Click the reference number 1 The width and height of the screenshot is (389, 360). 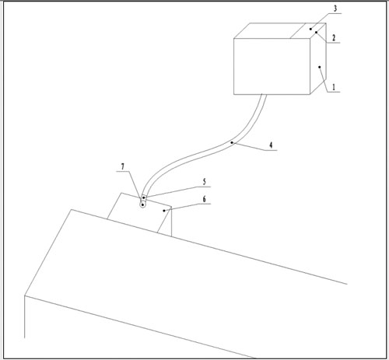(334, 87)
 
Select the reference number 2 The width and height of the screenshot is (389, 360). (334, 38)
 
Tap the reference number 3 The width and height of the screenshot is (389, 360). (335, 9)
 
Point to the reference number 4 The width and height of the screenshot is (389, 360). (271, 145)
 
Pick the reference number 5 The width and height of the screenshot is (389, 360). (205, 182)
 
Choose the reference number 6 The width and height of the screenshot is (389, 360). (205, 199)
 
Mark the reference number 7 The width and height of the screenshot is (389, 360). (123, 166)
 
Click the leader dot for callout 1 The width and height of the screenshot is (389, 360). (320, 67)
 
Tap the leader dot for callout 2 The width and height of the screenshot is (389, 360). (316, 33)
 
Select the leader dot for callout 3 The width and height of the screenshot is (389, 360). (310, 29)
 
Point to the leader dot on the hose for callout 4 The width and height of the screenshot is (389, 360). (232, 142)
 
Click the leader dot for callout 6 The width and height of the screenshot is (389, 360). (164, 211)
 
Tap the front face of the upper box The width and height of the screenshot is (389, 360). (272, 66)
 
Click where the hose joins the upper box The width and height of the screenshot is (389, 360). (264, 94)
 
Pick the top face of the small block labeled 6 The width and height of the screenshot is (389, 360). (139, 212)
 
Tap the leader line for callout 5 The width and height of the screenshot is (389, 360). (177, 192)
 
